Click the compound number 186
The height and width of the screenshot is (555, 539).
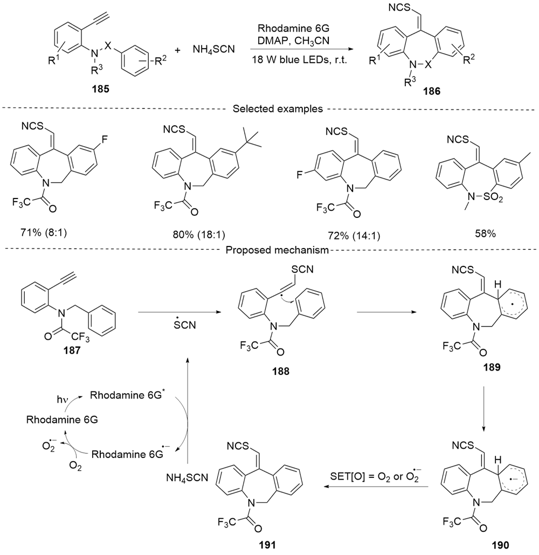(x=431, y=92)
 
